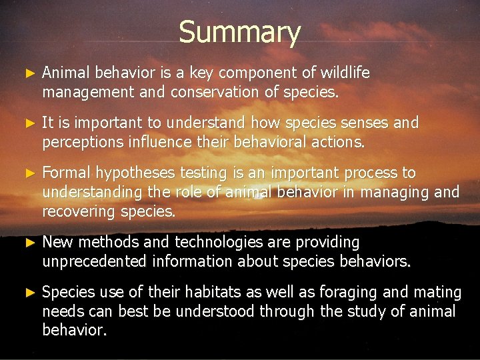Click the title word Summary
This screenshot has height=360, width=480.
pos(239,32)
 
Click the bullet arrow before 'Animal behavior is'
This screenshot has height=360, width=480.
pos(29,72)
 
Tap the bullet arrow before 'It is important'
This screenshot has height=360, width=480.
pos(29,123)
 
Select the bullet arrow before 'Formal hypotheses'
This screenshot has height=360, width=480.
pos(29,173)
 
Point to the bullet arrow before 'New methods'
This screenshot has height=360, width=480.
pos(29,242)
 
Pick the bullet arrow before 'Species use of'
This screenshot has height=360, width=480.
pos(29,292)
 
